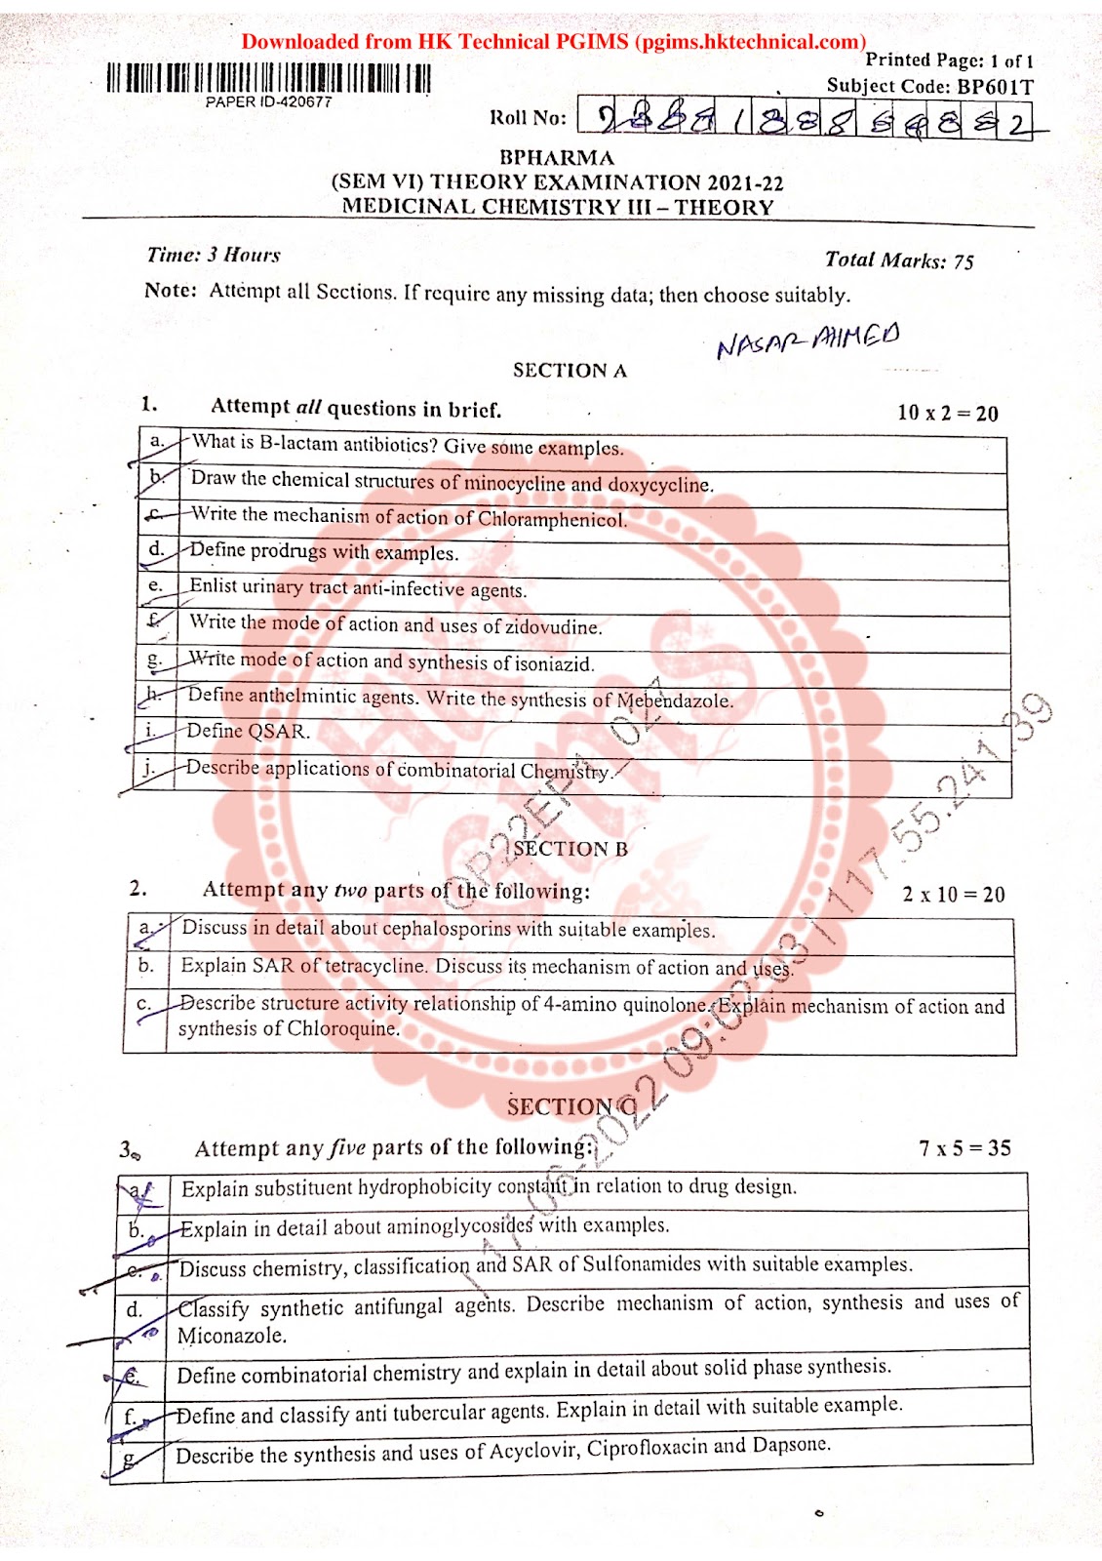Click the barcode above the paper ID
[x=268, y=78]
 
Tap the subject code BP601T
[x=994, y=86]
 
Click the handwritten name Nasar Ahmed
[x=807, y=340]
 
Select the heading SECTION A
[x=570, y=371]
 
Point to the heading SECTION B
[x=571, y=849]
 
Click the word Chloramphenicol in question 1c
[x=551, y=519]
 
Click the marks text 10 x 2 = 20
[x=947, y=413]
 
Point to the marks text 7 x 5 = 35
[x=964, y=1148]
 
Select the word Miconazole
[x=232, y=1336]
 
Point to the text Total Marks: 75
[x=898, y=260]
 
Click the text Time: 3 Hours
[x=214, y=256]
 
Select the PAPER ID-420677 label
[x=268, y=101]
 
